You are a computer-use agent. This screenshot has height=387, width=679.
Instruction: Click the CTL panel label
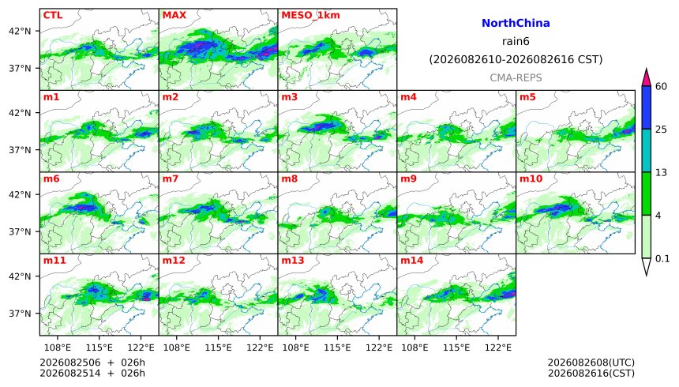point(53,15)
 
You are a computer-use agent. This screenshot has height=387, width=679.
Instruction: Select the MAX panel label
point(174,15)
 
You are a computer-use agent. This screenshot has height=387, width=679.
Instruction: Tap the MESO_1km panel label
point(310,16)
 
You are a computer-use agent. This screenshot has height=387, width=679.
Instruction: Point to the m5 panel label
point(527,97)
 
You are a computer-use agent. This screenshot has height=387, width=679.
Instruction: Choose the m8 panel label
point(290,178)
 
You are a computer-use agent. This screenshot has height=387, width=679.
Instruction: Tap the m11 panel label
point(54,261)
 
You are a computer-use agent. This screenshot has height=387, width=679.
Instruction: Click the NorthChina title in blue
point(516,23)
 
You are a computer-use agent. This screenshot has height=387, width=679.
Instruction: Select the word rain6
point(516,41)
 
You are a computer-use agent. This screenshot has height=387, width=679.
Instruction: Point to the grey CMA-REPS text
point(516,77)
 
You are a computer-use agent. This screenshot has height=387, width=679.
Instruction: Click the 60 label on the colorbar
point(662,86)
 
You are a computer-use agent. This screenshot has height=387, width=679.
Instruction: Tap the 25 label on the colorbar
point(662,130)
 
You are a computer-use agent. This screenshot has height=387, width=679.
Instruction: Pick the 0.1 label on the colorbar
point(662,259)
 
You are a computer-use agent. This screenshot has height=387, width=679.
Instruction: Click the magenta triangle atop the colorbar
point(647,78)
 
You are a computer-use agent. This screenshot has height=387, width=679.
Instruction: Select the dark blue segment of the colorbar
point(647,107)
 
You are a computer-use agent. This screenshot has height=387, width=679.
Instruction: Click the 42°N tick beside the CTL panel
point(20,32)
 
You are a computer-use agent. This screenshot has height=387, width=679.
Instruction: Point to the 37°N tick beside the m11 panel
point(20,314)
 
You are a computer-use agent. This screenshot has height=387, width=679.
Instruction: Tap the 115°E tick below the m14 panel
point(456,348)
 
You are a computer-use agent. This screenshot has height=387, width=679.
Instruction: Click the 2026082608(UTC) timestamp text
point(591,363)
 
